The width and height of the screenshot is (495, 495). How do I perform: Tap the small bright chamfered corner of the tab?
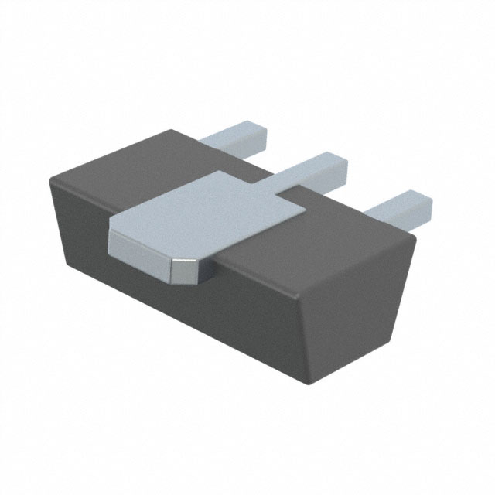(182, 269)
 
